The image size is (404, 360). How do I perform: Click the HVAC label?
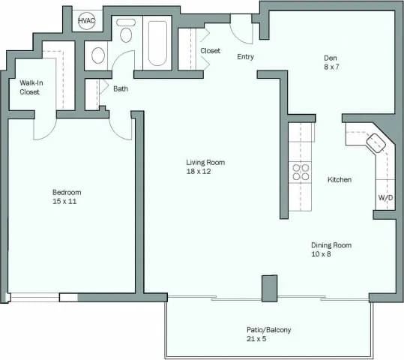point(86,20)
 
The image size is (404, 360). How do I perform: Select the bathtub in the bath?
point(157,43)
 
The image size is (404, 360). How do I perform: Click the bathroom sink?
point(98,55)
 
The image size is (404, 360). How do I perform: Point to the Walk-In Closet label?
point(29,87)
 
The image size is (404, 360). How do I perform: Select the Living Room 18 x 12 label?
point(205,166)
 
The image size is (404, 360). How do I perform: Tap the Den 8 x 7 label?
point(331,63)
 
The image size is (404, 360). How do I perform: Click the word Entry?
point(245,57)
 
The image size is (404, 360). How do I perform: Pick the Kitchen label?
point(340,180)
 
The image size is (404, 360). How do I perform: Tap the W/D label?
point(385,198)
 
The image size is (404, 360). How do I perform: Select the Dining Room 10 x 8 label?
point(331,250)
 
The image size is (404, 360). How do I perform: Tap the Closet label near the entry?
point(211,51)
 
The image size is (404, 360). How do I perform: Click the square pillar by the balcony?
point(269,288)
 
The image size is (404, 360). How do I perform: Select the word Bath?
point(120,88)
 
